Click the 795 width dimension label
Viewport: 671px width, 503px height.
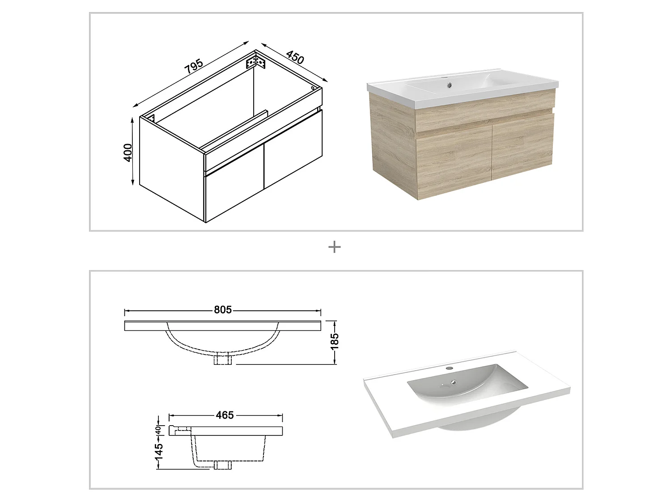tap(194, 66)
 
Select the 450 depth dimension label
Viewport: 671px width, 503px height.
tap(295, 58)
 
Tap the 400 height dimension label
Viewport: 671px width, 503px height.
tap(128, 152)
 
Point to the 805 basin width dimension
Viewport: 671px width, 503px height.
tap(222, 310)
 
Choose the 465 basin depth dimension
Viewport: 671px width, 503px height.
tap(225, 415)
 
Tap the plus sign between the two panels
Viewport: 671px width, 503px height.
tap(334, 247)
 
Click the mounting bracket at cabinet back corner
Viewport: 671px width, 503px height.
tap(256, 61)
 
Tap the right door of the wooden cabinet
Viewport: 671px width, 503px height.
tap(522, 147)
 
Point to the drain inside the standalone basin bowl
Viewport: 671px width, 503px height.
tap(454, 382)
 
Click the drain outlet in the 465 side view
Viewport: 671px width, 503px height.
tap(222, 465)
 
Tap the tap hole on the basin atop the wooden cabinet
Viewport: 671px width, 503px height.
tap(445, 79)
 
